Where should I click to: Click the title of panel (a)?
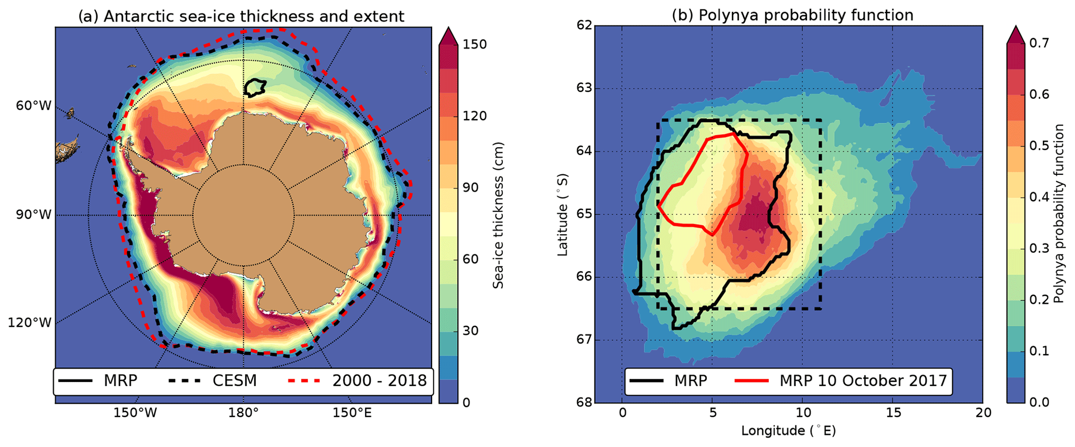(241, 16)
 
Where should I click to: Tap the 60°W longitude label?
(34, 106)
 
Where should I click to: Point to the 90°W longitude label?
(34, 214)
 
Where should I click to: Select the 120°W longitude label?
(30, 323)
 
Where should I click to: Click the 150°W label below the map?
(135, 413)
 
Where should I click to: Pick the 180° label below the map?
(243, 413)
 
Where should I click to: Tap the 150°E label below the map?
(353, 413)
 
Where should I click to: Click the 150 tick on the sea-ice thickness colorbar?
(475, 45)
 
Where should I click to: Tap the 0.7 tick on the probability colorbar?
(1039, 43)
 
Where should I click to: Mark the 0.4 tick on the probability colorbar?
(1039, 197)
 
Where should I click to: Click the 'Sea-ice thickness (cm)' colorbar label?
(498, 215)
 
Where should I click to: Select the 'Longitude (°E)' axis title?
(788, 431)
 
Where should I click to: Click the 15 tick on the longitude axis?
(892, 413)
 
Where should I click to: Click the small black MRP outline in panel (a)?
(254, 87)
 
